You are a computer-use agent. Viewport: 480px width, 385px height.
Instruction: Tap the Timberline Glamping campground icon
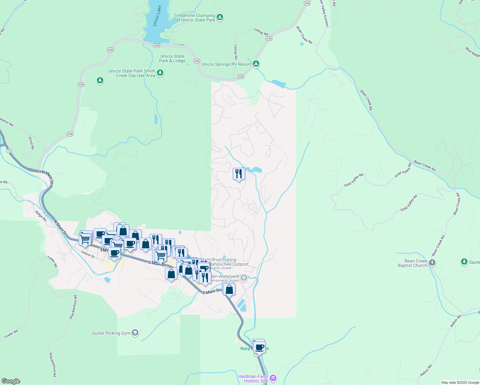pyautogui.click(x=220, y=17)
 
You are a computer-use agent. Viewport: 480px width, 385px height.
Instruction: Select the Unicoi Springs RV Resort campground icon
pyautogui.click(x=256, y=64)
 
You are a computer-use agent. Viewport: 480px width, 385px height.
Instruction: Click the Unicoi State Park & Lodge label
pyautogui.click(x=172, y=58)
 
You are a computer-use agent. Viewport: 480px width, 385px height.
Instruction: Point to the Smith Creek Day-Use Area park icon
pyautogui.click(x=160, y=73)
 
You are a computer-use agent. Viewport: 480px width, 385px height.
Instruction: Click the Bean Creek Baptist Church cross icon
pyautogui.click(x=432, y=263)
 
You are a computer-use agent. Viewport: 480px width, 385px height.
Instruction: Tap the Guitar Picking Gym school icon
pyautogui.click(x=135, y=333)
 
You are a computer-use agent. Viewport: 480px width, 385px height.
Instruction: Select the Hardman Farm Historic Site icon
pyautogui.click(x=273, y=378)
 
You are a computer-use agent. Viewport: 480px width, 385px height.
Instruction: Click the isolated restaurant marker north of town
pyautogui.click(x=238, y=174)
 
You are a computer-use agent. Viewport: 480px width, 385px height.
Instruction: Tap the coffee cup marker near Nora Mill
pyautogui.click(x=259, y=347)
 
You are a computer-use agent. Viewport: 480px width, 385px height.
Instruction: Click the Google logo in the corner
pyautogui.click(x=11, y=381)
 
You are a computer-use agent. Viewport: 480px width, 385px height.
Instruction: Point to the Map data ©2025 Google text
pyautogui.click(x=460, y=382)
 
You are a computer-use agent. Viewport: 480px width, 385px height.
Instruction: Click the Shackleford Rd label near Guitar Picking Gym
pyautogui.click(x=73, y=307)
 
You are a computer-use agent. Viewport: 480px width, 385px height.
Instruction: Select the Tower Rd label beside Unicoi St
pyautogui.click(x=52, y=262)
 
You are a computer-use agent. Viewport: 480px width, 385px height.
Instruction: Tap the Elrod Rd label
pyautogui.click(x=31, y=143)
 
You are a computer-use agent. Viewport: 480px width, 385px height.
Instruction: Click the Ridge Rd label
pyautogui.click(x=41, y=216)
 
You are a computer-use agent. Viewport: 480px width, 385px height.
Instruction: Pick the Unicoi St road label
pyautogui.click(x=88, y=254)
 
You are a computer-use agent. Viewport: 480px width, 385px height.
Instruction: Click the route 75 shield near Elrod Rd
pyautogui.click(x=9, y=151)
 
